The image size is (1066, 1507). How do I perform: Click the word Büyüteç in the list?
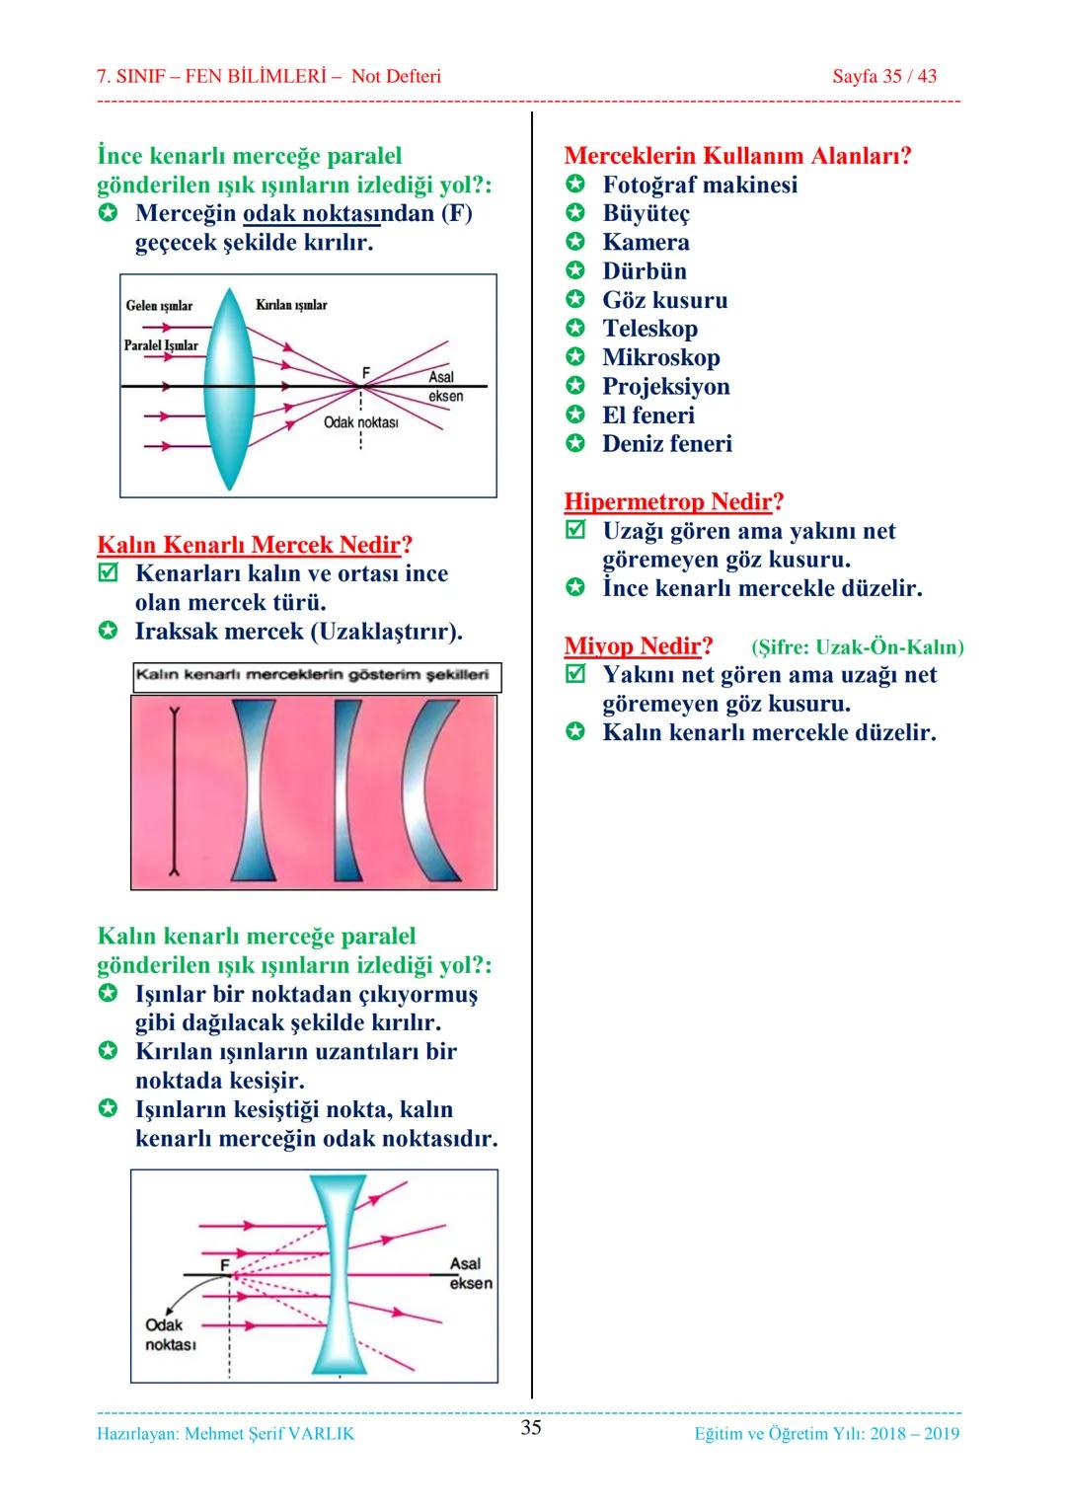click(647, 214)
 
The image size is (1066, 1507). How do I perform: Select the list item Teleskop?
click(650, 329)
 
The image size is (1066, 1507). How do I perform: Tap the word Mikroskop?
click(661, 357)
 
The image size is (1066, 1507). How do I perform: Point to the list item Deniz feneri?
click(667, 444)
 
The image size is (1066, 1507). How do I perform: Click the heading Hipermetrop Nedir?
click(673, 502)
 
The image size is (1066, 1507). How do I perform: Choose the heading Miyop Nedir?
click(638, 645)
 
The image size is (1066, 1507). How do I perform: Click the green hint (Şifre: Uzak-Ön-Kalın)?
click(858, 647)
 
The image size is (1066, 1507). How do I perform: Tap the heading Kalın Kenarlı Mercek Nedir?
click(255, 544)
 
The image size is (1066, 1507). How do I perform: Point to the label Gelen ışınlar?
click(159, 306)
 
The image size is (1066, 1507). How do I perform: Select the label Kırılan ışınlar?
click(291, 305)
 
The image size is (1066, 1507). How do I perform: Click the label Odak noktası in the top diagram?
click(360, 422)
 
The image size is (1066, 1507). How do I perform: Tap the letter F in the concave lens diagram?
click(225, 1265)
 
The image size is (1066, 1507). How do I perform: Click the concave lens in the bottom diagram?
click(340, 1275)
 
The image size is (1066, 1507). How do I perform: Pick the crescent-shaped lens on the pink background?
click(430, 791)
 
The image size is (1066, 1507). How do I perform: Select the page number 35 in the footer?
click(531, 1428)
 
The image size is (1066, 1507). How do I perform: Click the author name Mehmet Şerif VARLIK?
click(269, 1434)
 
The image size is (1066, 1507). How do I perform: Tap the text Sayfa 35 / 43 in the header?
click(884, 76)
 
